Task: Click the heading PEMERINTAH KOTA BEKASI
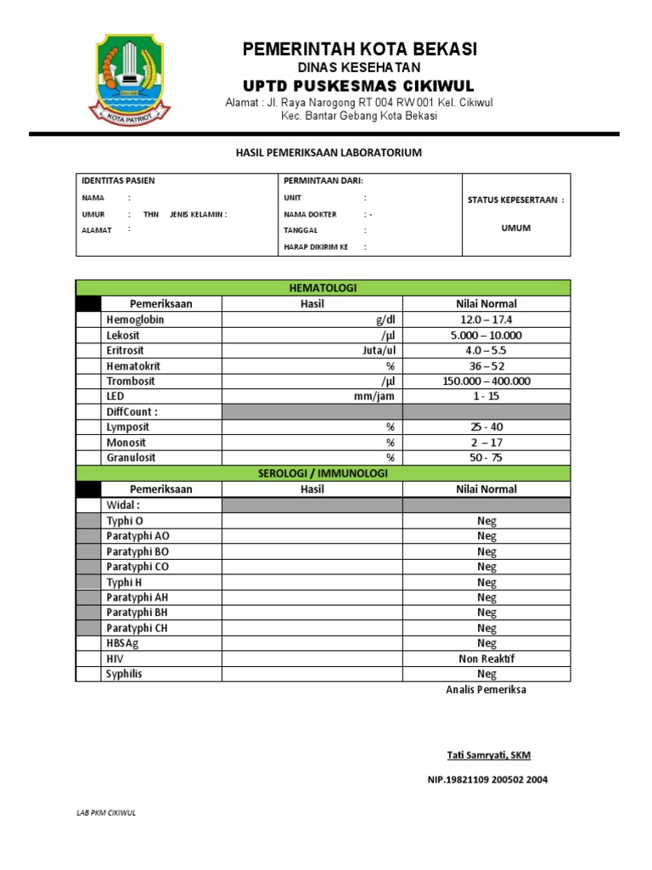(360, 49)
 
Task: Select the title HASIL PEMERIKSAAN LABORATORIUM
(328, 153)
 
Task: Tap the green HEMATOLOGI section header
(323, 288)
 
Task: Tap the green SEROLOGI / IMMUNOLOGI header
(323, 473)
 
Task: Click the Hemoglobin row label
(135, 319)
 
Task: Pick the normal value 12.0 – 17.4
(486, 319)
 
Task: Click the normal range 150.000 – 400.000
(486, 381)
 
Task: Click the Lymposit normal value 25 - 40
(486, 427)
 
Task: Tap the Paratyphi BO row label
(138, 551)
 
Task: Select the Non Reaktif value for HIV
(486, 658)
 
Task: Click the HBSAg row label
(125, 643)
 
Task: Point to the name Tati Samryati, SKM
(489, 755)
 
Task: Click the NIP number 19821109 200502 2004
(487, 780)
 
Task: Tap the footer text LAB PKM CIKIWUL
(106, 812)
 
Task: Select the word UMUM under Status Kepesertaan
(515, 229)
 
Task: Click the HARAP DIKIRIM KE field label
(316, 246)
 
